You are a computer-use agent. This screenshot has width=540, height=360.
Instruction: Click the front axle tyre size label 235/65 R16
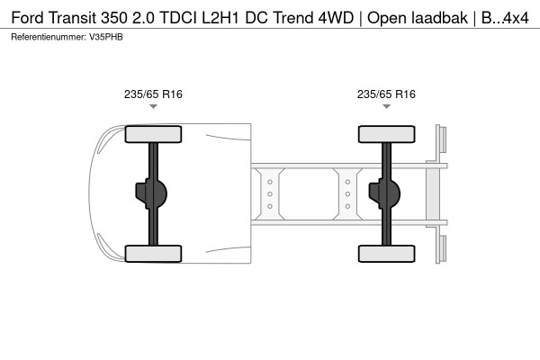pos(153,94)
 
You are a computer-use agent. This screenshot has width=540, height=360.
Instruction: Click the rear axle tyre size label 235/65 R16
pos(386,94)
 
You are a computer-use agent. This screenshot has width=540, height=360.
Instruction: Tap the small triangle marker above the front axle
pos(153,106)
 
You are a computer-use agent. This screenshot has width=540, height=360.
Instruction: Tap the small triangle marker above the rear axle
pos(386,106)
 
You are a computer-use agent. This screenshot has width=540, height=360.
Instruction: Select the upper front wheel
pos(153,134)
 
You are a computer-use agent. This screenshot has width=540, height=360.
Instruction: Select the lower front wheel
pos(153,254)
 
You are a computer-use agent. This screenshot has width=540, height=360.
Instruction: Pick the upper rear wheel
pos(386,134)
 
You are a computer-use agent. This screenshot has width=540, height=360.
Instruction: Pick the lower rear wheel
pos(386,254)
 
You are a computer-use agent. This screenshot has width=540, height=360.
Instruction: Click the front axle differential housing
pos(151,193)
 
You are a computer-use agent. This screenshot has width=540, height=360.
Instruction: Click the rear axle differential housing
pos(384,193)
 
